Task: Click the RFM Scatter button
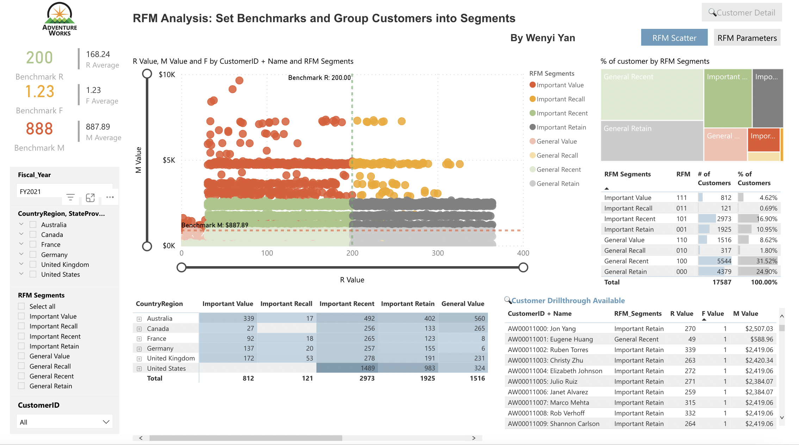click(674, 38)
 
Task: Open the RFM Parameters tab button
click(747, 38)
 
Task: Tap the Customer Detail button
click(742, 13)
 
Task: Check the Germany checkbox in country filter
click(33, 255)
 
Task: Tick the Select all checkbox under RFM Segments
click(21, 306)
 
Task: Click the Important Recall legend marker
click(533, 99)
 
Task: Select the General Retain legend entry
click(557, 184)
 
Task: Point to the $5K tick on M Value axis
click(169, 161)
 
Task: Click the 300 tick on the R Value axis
click(438, 253)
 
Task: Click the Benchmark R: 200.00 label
click(319, 78)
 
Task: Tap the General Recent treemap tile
click(652, 94)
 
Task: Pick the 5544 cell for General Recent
click(724, 261)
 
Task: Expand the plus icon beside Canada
click(139, 329)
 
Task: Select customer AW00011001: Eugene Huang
click(550, 339)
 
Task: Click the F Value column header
click(712, 314)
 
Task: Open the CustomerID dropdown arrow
click(106, 422)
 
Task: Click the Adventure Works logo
click(60, 19)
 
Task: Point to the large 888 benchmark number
click(39, 129)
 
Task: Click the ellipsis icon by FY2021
click(110, 197)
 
